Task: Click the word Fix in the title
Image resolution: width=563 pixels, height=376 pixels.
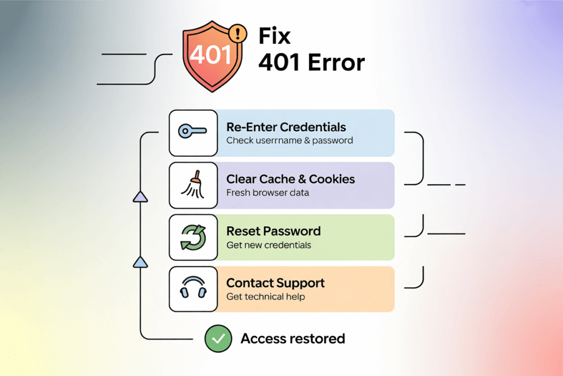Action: [274, 36]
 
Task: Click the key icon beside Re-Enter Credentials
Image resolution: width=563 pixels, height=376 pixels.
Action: [192, 132]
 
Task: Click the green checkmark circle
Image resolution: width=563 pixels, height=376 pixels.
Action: [218, 338]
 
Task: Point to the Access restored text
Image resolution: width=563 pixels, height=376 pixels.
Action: [292, 338]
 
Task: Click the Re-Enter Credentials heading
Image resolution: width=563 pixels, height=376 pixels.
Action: [286, 127]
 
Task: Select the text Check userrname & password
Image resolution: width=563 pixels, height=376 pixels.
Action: [289, 140]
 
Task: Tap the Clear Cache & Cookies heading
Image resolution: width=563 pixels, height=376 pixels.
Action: [290, 179]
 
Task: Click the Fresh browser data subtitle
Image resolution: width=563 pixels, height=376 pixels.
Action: [267, 193]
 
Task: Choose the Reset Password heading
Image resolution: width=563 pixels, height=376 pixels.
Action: [273, 231]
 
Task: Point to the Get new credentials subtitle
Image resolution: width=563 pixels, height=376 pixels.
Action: [268, 245]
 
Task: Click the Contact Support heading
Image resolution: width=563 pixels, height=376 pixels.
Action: [275, 283]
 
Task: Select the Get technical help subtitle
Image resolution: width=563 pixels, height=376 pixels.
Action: [266, 297]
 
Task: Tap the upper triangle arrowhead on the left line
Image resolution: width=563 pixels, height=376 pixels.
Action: [141, 197]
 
